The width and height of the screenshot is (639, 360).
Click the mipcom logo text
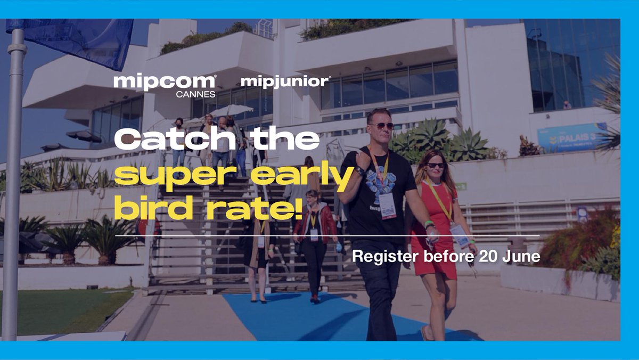tap(165, 82)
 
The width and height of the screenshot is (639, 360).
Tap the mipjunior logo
tap(285, 82)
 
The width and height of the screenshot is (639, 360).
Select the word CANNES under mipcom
tap(195, 94)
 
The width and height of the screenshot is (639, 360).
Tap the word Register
tap(383, 257)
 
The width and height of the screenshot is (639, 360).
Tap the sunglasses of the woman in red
tap(436, 165)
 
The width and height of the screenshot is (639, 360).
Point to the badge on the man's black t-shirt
tap(387, 205)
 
